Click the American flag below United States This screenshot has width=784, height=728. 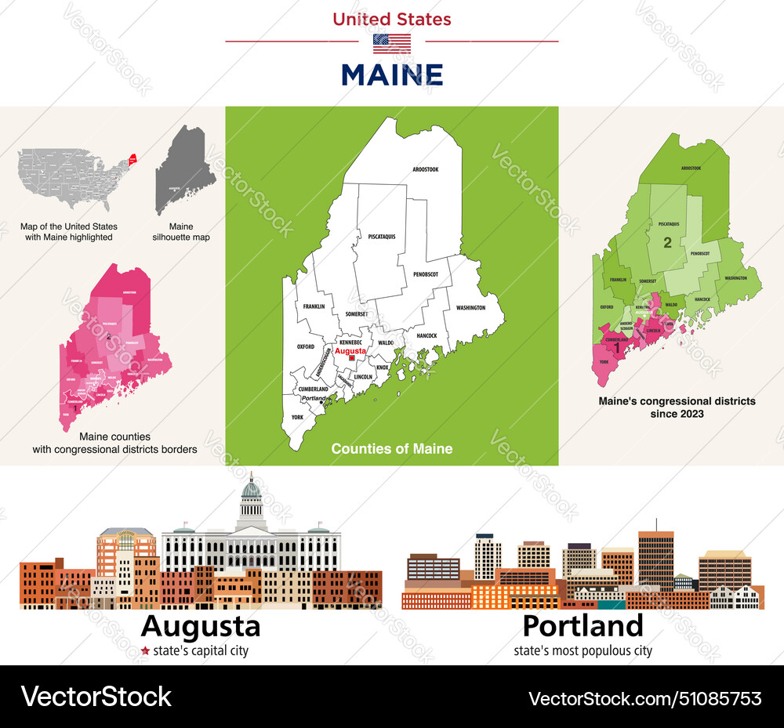pos(391,43)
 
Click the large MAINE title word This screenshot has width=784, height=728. pos(392,75)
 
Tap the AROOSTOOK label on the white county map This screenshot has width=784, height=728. pos(426,169)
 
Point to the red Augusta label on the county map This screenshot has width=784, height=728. pos(350,351)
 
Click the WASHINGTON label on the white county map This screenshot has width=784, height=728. pos(470,308)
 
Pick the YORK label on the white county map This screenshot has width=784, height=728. pos(298,418)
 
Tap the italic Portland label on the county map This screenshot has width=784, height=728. pos(314,398)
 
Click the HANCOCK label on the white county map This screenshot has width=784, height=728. pos(426,335)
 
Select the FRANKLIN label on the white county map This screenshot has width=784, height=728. pos(314,307)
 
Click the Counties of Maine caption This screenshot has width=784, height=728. pos(391,449)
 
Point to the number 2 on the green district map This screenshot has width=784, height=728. pos(667,243)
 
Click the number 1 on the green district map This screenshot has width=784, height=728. pos(617,347)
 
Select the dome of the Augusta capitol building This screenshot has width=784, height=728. pos(251,491)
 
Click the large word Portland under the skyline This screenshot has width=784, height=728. pos(583,626)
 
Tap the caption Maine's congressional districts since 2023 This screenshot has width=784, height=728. pos(677,407)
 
